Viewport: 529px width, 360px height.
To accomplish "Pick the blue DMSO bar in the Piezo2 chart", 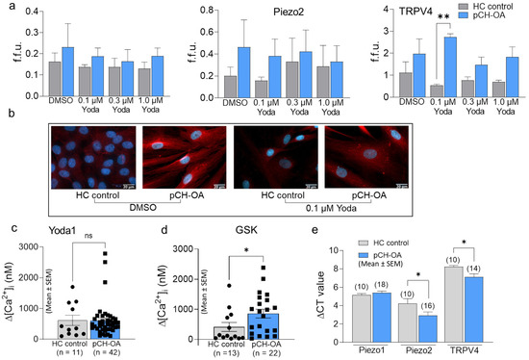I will click(x=216, y=70).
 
